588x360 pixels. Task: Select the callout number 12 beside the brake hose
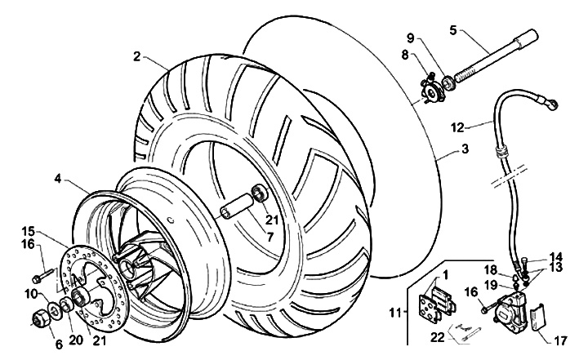[457, 127]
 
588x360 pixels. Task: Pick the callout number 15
[27, 230]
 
